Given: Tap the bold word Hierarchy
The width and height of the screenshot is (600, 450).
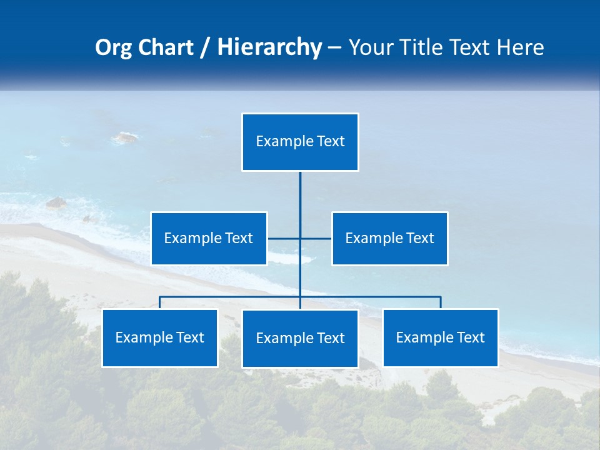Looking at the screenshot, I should click(x=269, y=47).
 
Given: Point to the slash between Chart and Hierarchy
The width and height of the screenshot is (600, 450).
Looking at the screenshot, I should click(x=205, y=47).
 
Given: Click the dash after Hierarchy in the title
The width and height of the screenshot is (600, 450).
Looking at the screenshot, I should click(x=334, y=47).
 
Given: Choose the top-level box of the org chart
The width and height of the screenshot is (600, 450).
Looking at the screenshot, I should click(x=300, y=142).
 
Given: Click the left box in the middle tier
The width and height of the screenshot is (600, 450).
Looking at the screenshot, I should click(x=209, y=238).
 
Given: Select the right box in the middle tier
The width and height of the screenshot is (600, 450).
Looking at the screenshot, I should click(x=390, y=238).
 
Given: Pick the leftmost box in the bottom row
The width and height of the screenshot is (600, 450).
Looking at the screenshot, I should click(x=160, y=338).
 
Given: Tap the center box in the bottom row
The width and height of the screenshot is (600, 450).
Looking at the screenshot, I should click(x=300, y=338).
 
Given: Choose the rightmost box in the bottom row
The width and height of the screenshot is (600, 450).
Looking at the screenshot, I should click(x=441, y=338).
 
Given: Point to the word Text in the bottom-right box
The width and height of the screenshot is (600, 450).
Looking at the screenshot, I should click(x=470, y=337).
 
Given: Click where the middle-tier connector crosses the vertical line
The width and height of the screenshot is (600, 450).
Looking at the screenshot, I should click(x=300, y=238).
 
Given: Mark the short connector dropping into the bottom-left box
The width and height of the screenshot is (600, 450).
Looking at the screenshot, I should click(x=160, y=302).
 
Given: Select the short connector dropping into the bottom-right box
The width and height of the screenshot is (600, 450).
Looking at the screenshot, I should click(x=441, y=302).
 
